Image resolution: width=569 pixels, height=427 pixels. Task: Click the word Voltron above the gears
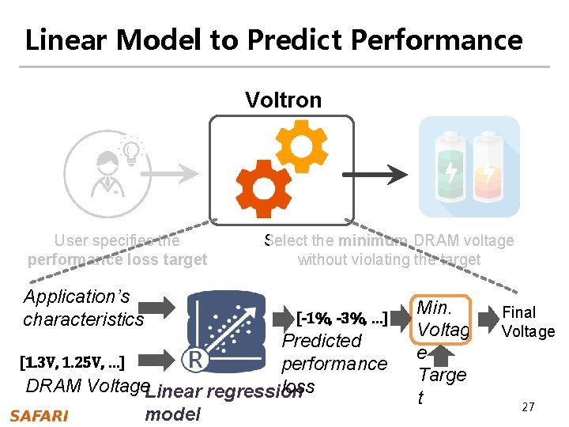pos(283,100)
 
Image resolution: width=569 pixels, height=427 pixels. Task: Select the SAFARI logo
pos(39,415)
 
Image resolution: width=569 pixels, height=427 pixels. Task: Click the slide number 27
pos(528,407)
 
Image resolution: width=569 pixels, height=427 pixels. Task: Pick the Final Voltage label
pos(529,322)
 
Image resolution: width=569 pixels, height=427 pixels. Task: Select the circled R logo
pos(194,360)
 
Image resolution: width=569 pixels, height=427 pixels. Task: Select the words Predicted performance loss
pos(332,363)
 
